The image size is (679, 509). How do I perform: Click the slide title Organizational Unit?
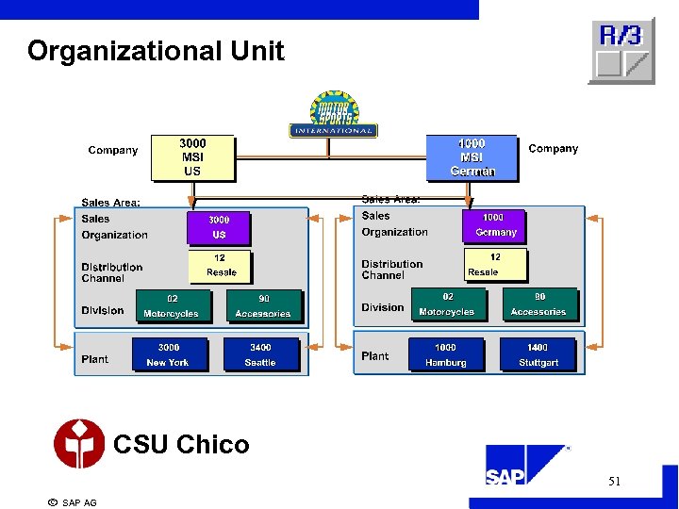[156, 51]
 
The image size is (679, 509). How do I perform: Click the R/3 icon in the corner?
[621, 51]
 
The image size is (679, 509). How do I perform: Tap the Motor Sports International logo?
[333, 116]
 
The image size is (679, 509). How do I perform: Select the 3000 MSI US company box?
[192, 157]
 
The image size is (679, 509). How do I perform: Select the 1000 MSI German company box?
[472, 157]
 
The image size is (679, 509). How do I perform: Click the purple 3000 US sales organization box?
[219, 227]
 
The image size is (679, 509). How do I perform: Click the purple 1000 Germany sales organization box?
[494, 225]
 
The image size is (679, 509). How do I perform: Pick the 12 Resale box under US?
[221, 265]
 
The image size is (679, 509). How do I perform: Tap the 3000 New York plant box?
[169, 354]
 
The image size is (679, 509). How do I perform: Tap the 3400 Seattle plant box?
[260, 354]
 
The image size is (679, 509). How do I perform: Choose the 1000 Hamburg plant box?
[445, 354]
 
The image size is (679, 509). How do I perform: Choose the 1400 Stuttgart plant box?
[538, 354]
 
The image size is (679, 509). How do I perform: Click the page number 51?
[614, 482]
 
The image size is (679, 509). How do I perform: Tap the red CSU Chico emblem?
[79, 444]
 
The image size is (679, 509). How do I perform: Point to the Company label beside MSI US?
[112, 150]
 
